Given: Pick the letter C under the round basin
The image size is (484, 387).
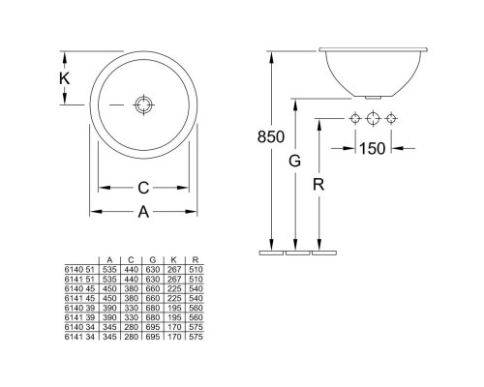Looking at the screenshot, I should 142,188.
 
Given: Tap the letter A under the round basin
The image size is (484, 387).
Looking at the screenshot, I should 142,210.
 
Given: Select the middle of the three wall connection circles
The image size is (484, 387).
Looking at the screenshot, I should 373,119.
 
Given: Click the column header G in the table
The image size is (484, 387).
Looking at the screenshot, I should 153,260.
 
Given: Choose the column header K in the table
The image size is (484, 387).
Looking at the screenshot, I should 174,260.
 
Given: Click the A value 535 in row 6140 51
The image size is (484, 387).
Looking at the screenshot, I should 110,270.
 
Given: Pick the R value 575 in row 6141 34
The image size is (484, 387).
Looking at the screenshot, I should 196,335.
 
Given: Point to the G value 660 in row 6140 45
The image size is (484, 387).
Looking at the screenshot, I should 153,288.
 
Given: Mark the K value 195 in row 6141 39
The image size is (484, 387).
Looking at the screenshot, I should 174,316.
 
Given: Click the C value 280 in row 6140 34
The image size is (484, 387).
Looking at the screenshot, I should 132,325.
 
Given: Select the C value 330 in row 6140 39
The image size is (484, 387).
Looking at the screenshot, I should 132,307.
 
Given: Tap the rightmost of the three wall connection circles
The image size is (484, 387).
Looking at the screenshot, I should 392,119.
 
